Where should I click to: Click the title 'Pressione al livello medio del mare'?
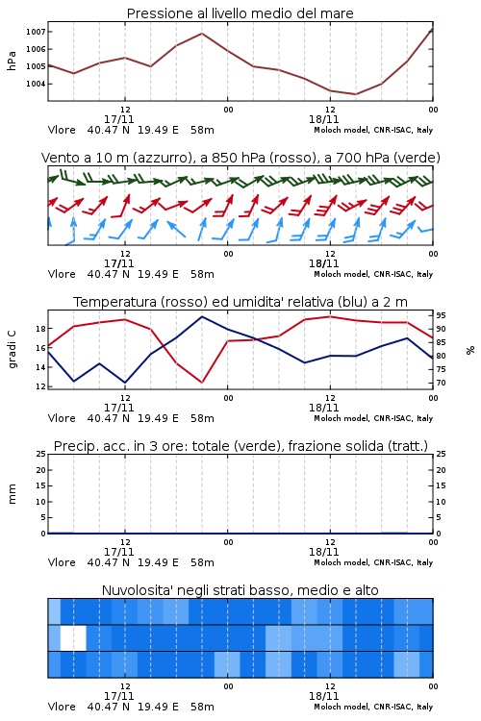[240, 13]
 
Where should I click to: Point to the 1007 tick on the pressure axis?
[36, 32]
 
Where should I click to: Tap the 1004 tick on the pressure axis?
[36, 84]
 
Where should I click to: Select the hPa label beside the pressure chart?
[12, 61]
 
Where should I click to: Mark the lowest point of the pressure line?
[355, 94]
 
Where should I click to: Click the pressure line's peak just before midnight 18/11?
[202, 33]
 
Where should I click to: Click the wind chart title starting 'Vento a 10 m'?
[240, 158]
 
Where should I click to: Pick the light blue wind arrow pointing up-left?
[176, 229]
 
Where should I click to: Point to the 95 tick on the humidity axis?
[441, 315]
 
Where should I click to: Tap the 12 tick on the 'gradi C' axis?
[40, 386]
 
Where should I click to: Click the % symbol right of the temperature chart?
[470, 350]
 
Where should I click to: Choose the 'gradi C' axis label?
[12, 349]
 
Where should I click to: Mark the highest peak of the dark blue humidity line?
[202, 316]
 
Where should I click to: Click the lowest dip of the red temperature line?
[202, 383]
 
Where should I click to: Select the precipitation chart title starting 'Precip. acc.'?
[240, 446]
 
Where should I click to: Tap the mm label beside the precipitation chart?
[12, 494]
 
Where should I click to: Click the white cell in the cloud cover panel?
[73, 637]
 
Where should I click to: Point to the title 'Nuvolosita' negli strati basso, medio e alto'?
[240, 590]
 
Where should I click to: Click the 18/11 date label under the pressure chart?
[323, 119]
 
